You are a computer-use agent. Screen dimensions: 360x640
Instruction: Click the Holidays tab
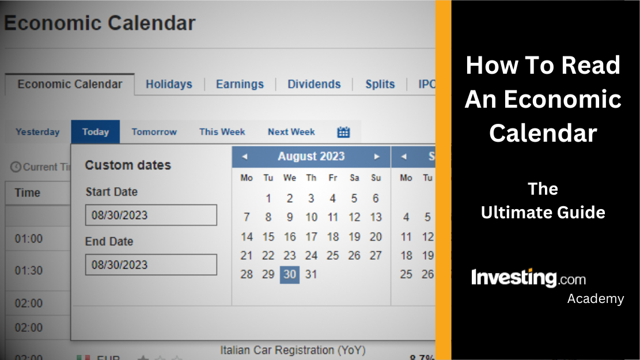coord(169,84)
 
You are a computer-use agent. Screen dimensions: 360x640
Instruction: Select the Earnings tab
coord(240,84)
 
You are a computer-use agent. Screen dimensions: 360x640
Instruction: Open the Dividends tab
coord(314,84)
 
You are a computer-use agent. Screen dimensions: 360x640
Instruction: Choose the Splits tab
coord(380,84)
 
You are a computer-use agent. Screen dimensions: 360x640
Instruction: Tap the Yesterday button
coord(37,132)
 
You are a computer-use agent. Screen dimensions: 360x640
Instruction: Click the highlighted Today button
coord(96,132)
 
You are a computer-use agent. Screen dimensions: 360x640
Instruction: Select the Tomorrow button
coord(154,132)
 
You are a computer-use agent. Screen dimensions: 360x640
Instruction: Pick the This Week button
coord(222,132)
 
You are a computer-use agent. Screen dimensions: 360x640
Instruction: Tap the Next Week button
coord(291,132)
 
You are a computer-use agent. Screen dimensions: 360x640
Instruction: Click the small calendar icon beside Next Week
coord(343,132)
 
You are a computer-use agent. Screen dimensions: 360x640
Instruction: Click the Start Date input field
coord(151,215)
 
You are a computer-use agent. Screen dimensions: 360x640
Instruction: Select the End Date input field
coord(151,265)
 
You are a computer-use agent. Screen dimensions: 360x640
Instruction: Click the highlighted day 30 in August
coord(290,274)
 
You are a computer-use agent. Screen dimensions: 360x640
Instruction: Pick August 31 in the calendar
coord(311,274)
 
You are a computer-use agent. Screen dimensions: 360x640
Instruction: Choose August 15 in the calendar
coord(268,237)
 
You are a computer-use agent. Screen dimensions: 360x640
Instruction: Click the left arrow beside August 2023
coord(244,157)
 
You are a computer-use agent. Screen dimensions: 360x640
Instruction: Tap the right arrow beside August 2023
coord(377,157)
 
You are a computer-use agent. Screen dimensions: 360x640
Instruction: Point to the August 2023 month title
coord(311,157)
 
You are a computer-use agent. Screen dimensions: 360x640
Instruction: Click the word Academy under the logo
coord(595,298)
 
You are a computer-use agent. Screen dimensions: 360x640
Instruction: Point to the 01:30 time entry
coord(29,271)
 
